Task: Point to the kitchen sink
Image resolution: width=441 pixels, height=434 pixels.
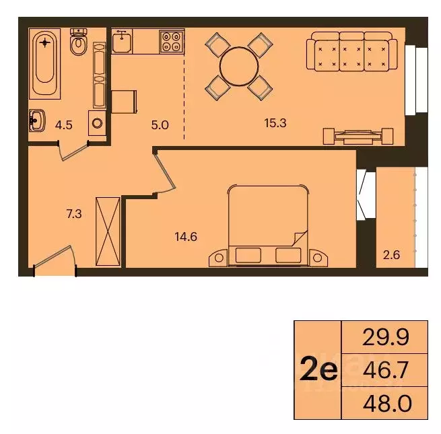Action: point(123,42)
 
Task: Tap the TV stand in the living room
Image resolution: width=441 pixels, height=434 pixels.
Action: point(357,135)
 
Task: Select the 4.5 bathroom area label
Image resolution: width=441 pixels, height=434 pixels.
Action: point(63,124)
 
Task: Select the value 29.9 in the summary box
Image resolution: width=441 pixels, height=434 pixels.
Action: point(385,336)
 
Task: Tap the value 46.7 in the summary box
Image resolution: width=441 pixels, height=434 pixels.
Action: point(385,370)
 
